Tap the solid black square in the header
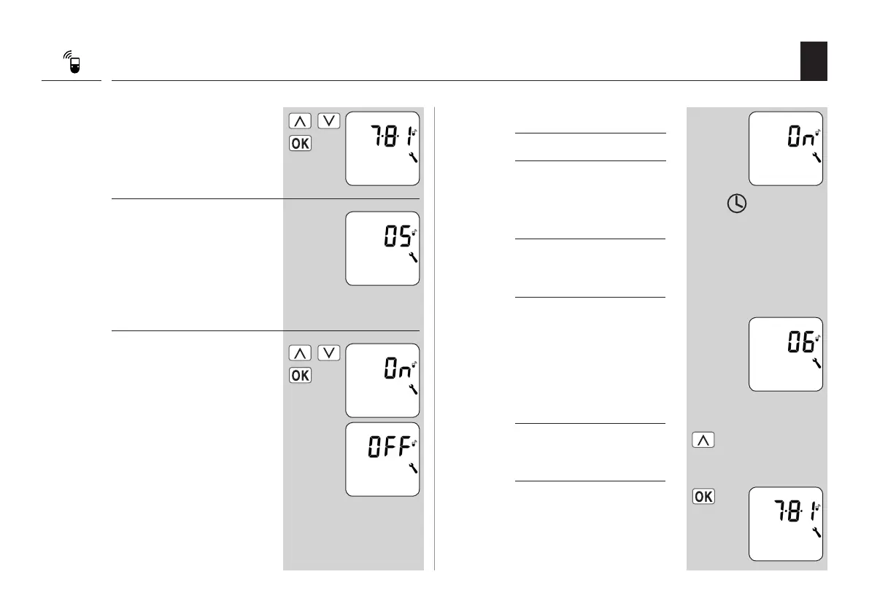pos(813,61)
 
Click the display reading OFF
pos(382,459)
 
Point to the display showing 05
pos(382,248)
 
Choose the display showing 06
pos(785,354)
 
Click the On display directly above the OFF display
pos(382,380)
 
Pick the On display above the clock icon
pos(785,148)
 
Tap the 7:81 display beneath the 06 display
pos(785,523)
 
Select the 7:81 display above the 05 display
pos(382,148)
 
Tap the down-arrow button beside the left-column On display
pos(330,353)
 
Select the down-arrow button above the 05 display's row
pos(330,121)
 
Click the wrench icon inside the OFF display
pos(413,468)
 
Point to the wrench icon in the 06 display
pos(816,363)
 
